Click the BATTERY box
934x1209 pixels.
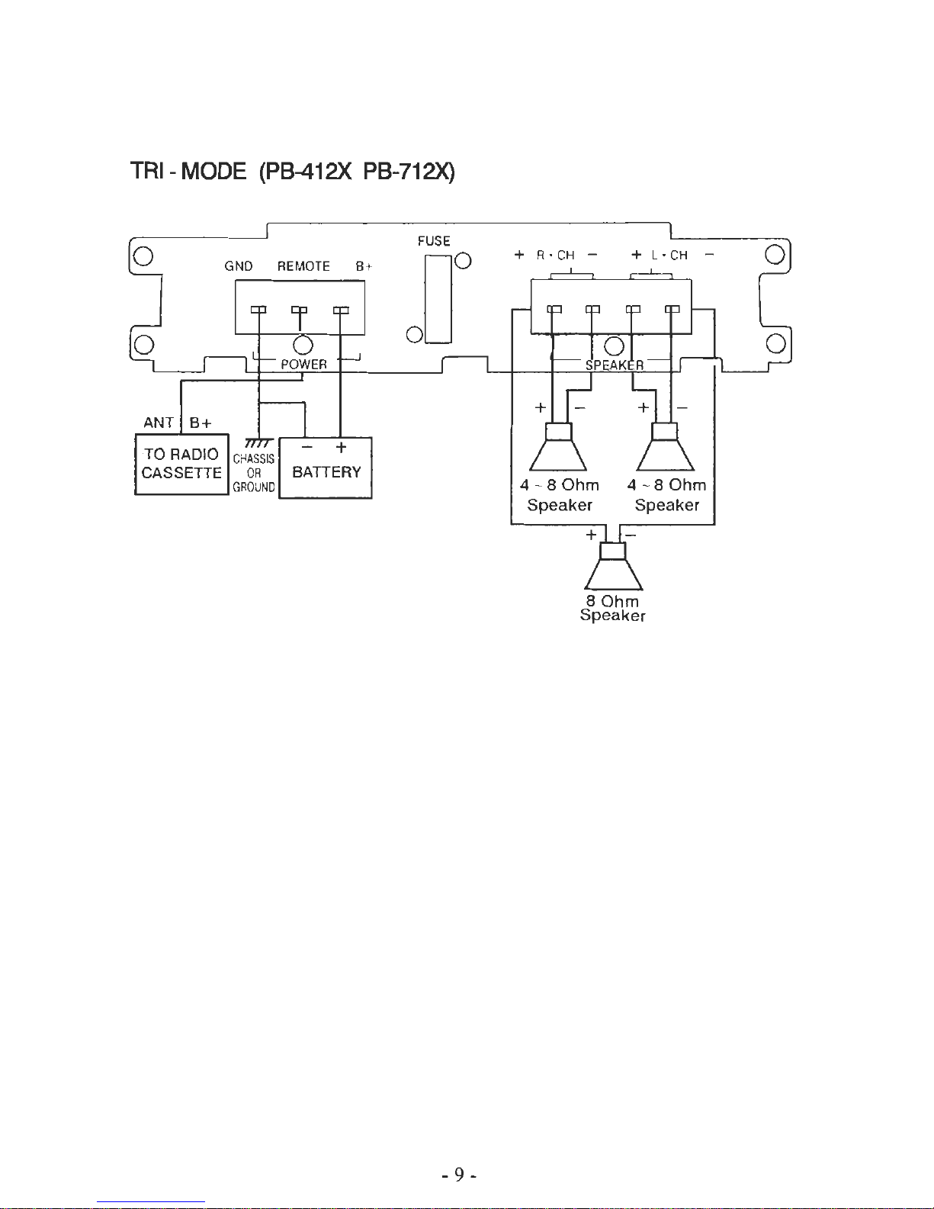[x=326, y=468]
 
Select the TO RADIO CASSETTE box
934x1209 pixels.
[x=181, y=464]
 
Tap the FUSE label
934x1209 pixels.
[x=434, y=241]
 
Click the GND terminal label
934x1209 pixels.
[x=239, y=266]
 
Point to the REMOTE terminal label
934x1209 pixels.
[x=303, y=266]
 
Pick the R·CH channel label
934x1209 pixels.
[x=556, y=256]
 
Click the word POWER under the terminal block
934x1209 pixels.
[x=303, y=365]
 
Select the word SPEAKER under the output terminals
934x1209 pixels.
[x=615, y=365]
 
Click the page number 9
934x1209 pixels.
[x=459, y=1174]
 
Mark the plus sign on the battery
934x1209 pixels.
[x=341, y=448]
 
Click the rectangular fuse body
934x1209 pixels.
[x=438, y=300]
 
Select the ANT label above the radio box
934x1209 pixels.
[x=159, y=422]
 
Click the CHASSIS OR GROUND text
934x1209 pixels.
[x=254, y=473]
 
